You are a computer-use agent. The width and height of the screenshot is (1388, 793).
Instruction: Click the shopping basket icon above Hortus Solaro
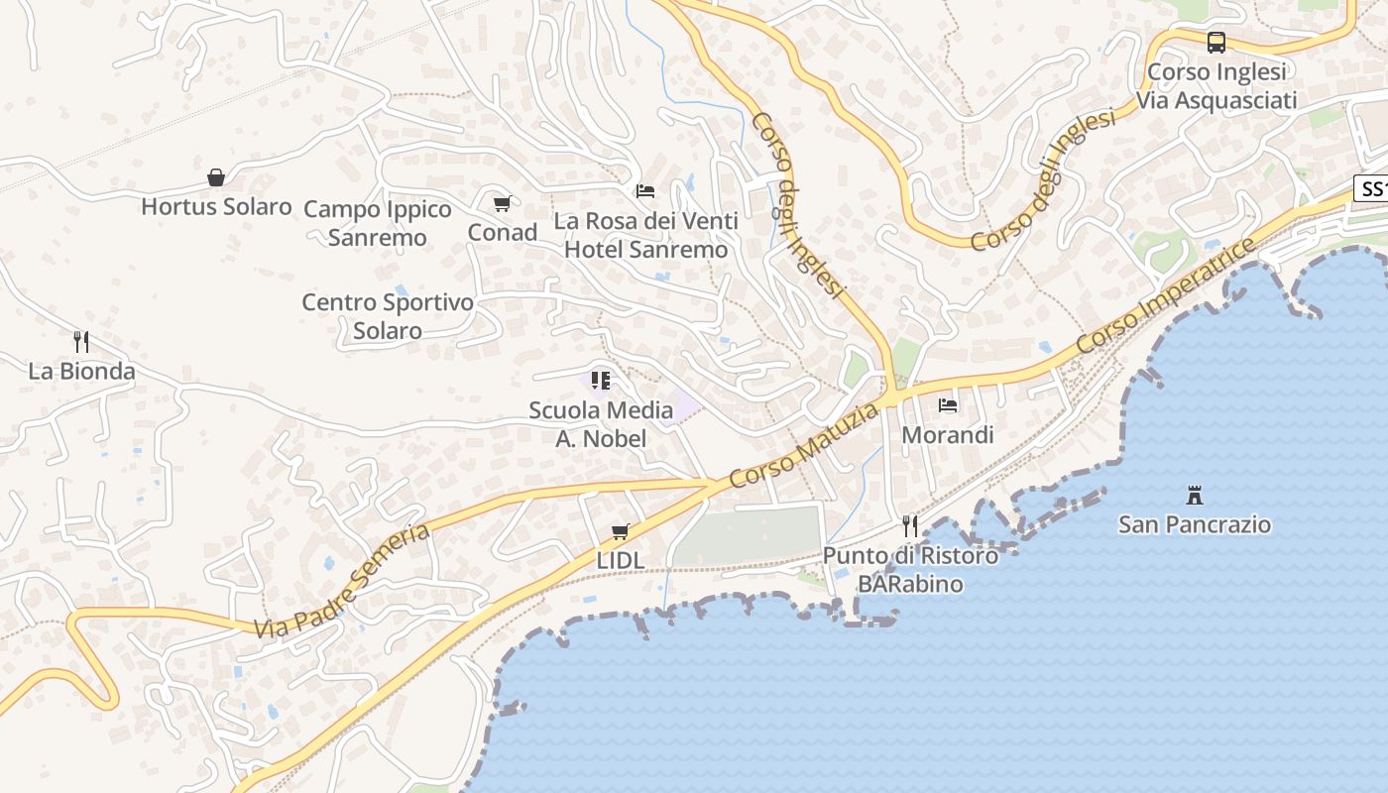[x=216, y=177]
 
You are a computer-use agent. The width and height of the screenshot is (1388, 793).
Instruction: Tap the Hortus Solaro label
[x=216, y=207]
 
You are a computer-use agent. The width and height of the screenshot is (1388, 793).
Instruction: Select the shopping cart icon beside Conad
[x=503, y=203]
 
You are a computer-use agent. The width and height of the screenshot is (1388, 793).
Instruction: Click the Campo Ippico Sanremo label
[x=378, y=223]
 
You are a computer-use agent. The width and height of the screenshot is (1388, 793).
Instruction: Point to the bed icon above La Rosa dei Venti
[x=645, y=190]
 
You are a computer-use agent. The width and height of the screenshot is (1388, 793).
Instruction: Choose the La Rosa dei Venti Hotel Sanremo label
[x=646, y=235]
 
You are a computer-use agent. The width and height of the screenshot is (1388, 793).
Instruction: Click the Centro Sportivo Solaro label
[x=388, y=316]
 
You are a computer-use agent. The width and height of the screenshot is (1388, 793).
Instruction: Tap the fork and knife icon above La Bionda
[x=81, y=342]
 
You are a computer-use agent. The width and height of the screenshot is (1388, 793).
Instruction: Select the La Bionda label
[x=81, y=372]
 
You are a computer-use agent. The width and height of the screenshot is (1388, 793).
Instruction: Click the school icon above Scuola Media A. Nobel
[x=601, y=380]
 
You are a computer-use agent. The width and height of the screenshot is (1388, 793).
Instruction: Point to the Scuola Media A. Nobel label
[x=601, y=424]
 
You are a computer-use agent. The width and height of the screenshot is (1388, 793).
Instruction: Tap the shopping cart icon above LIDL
[x=621, y=531]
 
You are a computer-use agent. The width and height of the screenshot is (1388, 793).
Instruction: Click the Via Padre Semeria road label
[x=342, y=581]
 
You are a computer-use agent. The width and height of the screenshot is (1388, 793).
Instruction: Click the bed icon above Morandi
[x=948, y=405]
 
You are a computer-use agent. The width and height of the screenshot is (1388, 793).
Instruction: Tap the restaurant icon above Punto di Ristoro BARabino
[x=910, y=525]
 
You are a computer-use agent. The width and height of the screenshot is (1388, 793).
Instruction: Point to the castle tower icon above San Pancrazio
[x=1195, y=495]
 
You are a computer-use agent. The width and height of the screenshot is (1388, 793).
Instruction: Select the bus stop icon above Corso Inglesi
[x=1216, y=43]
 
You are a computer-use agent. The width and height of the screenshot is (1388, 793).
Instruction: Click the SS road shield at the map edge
[x=1372, y=188]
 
